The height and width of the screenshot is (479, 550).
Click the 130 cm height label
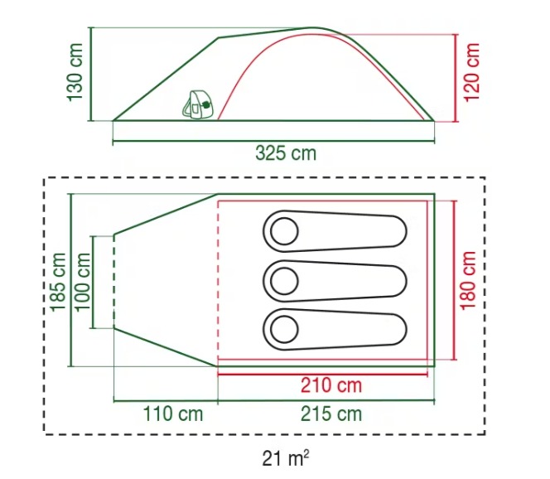[x=75, y=72]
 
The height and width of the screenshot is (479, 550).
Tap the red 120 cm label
[x=472, y=72]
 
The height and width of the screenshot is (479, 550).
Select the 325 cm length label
[x=286, y=153]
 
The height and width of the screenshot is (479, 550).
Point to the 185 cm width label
[x=58, y=282]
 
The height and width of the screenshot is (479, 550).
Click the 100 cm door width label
[x=83, y=282]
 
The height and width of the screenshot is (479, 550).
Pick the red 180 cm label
[x=468, y=281]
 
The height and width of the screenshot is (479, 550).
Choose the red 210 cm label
[x=331, y=385]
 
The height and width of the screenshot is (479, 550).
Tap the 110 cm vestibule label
[x=173, y=414]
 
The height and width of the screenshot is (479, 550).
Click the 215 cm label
[x=331, y=414]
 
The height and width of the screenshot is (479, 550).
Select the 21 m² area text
[x=286, y=458]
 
